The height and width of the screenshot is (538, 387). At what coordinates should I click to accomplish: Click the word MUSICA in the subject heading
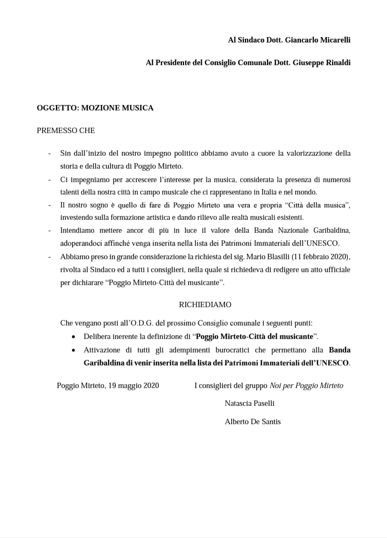pos(138,108)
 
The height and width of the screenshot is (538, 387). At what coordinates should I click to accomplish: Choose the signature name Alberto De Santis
pos(252,422)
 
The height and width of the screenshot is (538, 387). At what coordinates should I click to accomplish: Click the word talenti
pos(71,191)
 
